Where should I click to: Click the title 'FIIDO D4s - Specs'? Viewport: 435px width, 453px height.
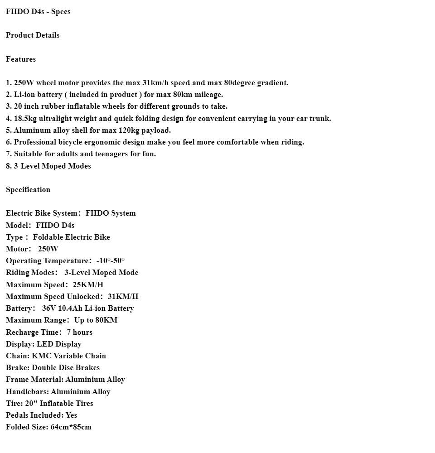[x=38, y=12]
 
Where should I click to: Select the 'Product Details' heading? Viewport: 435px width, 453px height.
[x=33, y=35]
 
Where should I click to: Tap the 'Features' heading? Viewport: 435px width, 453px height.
[x=21, y=59]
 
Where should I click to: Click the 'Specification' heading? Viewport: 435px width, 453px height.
[x=28, y=190]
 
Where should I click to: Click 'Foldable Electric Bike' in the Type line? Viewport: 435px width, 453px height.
[x=72, y=237]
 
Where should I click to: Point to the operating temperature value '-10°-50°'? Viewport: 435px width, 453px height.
[x=111, y=261]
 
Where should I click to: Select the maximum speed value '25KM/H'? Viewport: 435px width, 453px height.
[x=88, y=285]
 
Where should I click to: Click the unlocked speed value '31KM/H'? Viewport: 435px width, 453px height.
[x=123, y=297]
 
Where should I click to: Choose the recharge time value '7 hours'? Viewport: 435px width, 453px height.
[x=80, y=333]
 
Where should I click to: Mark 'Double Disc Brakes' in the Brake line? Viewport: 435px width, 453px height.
[x=66, y=368]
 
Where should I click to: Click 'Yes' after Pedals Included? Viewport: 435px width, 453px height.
[x=72, y=415]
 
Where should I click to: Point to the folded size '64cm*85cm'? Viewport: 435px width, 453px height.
[x=71, y=427]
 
